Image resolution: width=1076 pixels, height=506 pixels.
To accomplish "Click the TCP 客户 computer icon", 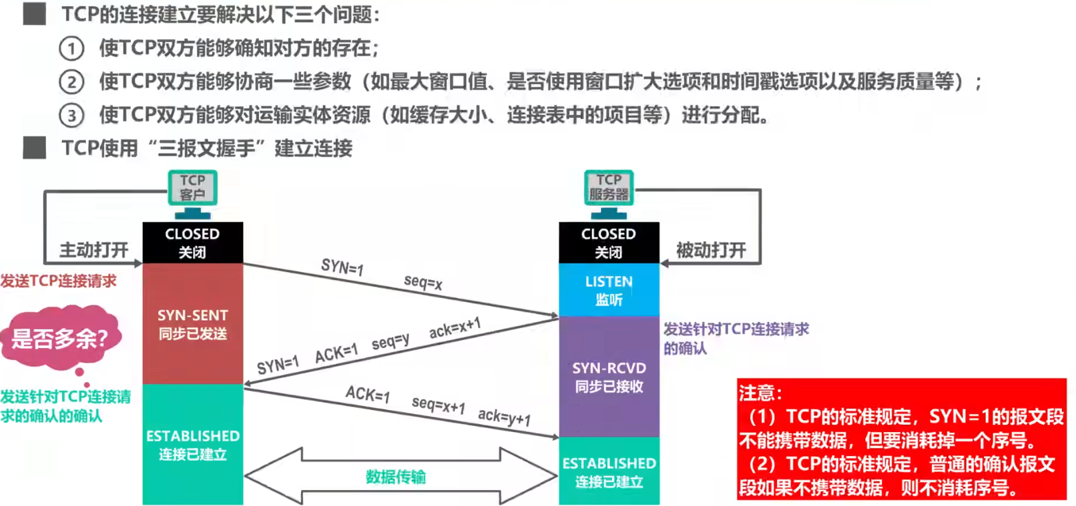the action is (192, 194).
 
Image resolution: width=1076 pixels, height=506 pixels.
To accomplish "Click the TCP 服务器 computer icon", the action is (609, 194).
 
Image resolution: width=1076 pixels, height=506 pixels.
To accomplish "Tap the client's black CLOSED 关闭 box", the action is (193, 243).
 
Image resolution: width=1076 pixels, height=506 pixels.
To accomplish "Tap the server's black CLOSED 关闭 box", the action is (609, 243).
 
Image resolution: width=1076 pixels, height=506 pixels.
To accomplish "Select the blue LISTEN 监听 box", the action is (609, 290).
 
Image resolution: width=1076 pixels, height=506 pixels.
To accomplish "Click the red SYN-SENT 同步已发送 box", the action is (193, 324).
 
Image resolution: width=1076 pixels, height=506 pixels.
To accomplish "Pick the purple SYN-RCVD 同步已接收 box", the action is (609, 377).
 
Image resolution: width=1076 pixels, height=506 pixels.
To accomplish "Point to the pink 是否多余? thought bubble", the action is (60, 337).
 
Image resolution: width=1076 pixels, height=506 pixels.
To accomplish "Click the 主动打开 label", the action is (93, 250).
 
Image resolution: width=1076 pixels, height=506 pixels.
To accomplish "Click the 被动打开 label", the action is (711, 250).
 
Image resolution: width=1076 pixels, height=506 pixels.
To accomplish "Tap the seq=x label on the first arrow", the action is (423, 282).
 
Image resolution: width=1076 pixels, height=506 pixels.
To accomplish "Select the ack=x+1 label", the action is (455, 328).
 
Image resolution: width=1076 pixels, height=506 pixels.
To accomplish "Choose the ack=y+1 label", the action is (505, 417).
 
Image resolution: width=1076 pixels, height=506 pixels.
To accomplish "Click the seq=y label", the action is (390, 341).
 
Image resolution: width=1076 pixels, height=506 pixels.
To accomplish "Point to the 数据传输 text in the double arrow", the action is (396, 477).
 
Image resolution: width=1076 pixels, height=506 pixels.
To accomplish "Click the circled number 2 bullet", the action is (71, 82).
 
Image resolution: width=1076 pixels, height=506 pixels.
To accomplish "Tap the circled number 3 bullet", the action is (71, 115).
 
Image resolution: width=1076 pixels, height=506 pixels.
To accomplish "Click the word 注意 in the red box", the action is (756, 393).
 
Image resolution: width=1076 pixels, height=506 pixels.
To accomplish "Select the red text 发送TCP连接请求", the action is (58, 281).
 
